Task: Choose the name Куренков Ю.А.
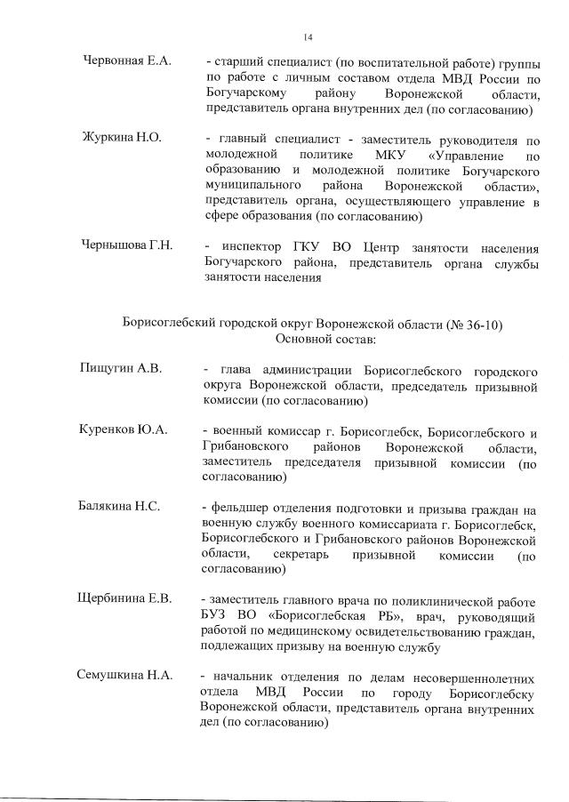coord(123,431)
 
